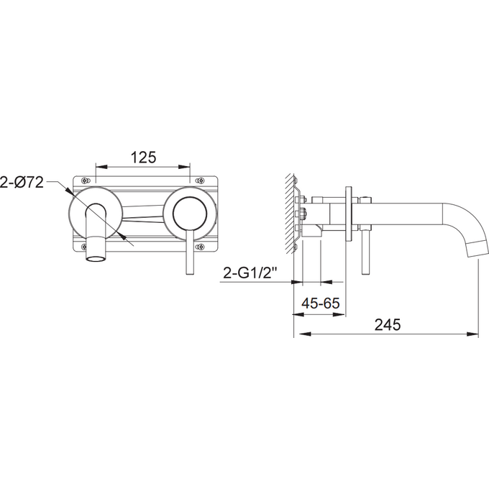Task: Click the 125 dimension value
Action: pyautogui.click(x=143, y=157)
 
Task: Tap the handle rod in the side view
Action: pyautogui.click(x=366, y=252)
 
